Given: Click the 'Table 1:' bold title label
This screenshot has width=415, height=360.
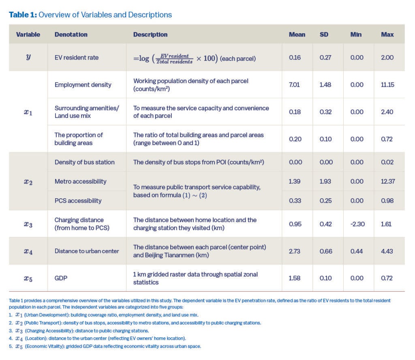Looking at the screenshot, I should [x=23, y=15].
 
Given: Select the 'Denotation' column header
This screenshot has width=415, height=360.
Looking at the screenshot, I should [x=71, y=34].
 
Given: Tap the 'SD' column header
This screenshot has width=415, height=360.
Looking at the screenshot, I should [x=324, y=34].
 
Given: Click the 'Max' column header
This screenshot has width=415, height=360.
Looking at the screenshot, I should [x=387, y=34].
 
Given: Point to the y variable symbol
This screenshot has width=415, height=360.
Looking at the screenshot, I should [x=28, y=57].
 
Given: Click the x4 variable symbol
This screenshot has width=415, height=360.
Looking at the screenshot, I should [x=28, y=251].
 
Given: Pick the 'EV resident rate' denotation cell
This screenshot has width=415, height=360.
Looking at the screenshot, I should [x=77, y=58].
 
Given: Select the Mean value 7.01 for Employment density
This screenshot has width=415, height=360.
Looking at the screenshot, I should [x=294, y=85].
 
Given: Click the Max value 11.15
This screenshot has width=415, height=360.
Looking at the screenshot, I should [x=387, y=85].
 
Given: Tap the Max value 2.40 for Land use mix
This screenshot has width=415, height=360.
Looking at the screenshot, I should [x=387, y=112].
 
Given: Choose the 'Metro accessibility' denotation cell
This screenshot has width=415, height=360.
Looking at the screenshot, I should [x=80, y=181].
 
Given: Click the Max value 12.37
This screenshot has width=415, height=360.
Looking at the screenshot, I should [x=387, y=181].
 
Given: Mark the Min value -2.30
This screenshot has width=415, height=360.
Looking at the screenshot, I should [x=357, y=224].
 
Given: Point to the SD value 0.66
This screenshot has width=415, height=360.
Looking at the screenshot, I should [x=325, y=251].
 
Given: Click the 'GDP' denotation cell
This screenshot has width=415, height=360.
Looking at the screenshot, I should [x=60, y=279].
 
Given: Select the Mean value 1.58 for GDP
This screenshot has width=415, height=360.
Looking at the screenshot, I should [x=294, y=279].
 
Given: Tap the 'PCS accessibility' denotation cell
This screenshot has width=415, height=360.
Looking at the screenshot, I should [x=78, y=201].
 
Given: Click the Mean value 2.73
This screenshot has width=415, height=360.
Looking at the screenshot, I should [x=295, y=251].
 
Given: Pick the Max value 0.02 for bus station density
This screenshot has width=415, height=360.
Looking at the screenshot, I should [x=387, y=162].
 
